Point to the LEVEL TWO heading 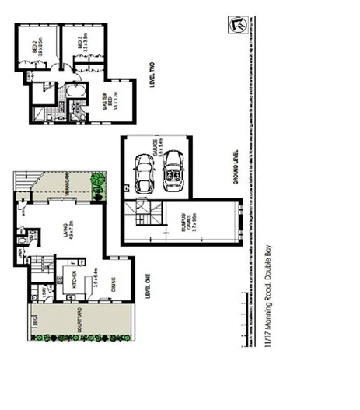pos(153,77)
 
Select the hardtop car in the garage pos(144,176)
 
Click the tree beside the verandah pos(97,184)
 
